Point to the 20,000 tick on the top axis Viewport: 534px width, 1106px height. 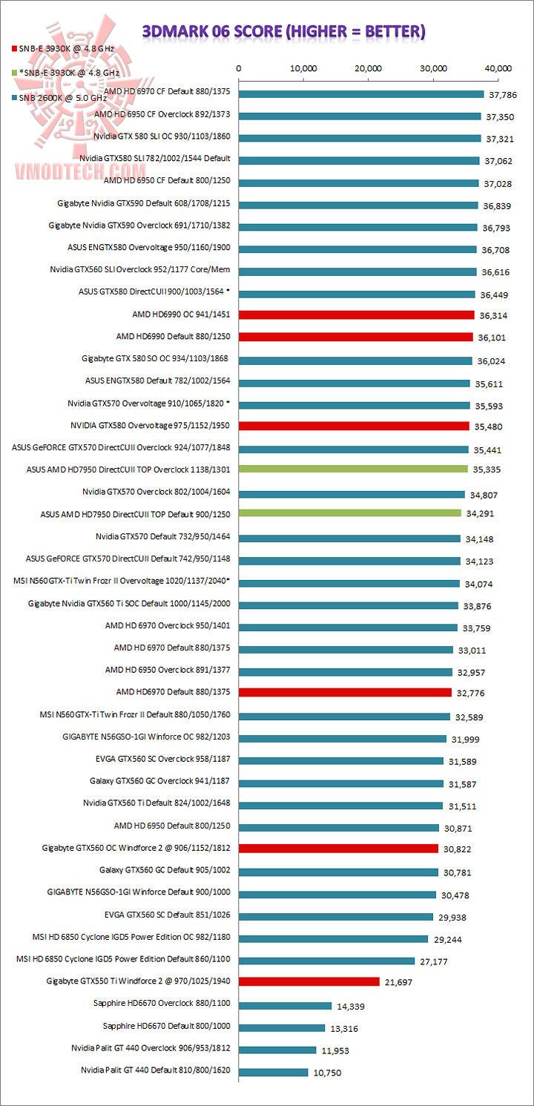click(x=369, y=68)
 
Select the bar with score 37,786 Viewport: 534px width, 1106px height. click(x=361, y=94)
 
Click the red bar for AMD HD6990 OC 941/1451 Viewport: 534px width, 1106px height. click(x=356, y=315)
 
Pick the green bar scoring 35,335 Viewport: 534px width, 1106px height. click(x=353, y=469)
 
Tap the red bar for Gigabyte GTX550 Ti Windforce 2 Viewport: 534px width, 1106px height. click(x=309, y=981)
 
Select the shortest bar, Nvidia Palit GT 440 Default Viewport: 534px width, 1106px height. click(x=273, y=1072)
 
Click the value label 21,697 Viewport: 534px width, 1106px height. click(x=398, y=982)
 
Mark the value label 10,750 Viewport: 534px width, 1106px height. click(x=326, y=1073)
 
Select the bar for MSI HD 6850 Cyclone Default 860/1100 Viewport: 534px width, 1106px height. click(x=326, y=961)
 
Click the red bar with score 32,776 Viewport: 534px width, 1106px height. click(x=345, y=692)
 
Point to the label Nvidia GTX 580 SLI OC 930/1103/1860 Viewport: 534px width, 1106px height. click(x=162, y=137)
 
